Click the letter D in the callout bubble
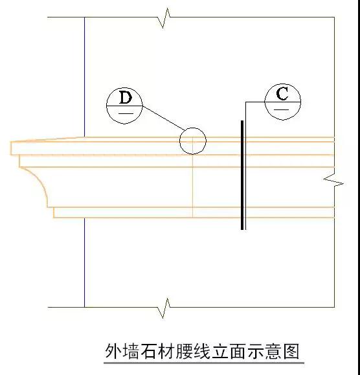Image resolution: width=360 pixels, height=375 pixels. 126,97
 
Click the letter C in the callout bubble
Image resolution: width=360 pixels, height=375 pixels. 282,93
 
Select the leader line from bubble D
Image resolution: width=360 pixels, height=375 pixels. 164,118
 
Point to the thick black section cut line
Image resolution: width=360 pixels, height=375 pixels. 242,175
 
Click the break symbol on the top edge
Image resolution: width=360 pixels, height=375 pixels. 164,18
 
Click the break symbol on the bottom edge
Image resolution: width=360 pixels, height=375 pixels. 164,308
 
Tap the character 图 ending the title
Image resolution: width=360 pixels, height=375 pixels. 291,351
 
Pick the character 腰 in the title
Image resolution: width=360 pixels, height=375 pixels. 184,351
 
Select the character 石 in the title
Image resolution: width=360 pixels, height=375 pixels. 149,351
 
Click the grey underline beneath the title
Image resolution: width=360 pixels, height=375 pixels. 204,363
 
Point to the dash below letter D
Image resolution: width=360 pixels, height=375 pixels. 126,113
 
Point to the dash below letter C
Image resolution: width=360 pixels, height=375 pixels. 282,109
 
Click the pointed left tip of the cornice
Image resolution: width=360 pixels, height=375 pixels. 10,142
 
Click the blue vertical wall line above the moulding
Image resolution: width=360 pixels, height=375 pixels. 84,77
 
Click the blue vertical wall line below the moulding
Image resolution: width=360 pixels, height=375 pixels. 84,262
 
